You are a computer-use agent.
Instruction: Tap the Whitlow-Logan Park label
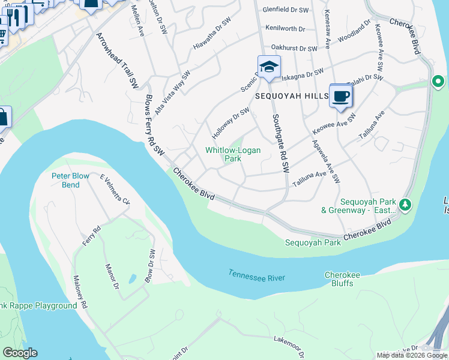tap(233, 155)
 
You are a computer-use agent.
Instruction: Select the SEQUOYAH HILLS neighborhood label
tap(289, 96)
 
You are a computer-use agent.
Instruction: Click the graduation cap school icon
tap(269, 67)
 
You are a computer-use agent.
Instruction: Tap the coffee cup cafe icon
tap(340, 96)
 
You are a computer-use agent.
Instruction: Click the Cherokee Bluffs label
tap(342, 279)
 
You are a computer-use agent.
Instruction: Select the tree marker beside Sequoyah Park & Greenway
tap(406, 206)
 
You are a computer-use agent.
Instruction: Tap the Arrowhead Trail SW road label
tap(113, 61)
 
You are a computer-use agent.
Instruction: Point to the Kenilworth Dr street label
tap(285, 28)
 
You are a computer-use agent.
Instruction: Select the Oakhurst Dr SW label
tap(294, 47)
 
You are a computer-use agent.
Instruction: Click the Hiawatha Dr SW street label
tap(212, 37)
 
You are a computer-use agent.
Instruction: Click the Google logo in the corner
tap(20, 353)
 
